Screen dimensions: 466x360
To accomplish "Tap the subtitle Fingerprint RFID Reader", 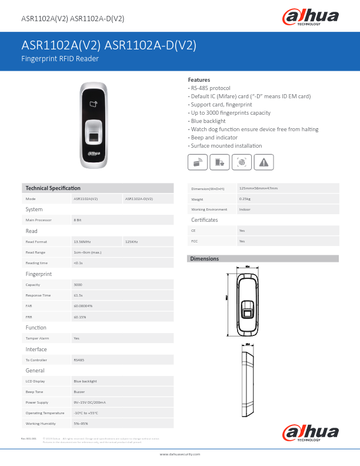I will coord(60,59).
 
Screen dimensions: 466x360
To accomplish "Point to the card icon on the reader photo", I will coord(94,105).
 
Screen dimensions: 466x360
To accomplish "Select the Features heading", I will coord(199,79).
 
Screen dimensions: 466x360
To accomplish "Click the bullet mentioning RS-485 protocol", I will coord(209,88).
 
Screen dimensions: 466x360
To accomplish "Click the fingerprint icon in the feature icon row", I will coord(242,162).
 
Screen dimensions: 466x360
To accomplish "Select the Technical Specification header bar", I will coord(97,188).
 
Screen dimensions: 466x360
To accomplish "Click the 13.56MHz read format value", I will coord(82,241).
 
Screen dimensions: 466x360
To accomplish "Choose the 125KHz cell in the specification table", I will coord(131,241).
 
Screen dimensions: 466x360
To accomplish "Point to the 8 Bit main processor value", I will coord(77,219).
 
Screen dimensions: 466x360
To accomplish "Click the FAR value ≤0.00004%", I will coord(83,306).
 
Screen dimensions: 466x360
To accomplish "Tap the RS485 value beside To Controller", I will coord(79,360).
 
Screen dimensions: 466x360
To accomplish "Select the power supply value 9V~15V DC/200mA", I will coord(89,402).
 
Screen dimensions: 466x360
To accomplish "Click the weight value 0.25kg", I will coord(245,199).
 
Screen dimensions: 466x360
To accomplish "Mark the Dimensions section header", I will coord(205,259).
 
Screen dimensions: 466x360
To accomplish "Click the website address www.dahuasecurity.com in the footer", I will coord(180,454).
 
